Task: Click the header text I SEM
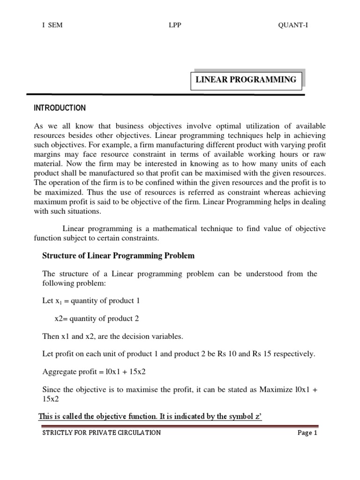(x=52, y=25)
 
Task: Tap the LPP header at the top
(x=175, y=25)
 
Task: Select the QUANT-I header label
(x=293, y=25)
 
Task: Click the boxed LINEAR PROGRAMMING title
(x=246, y=80)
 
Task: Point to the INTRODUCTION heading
(x=60, y=108)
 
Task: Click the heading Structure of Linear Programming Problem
(x=118, y=256)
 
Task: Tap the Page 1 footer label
(x=307, y=433)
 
